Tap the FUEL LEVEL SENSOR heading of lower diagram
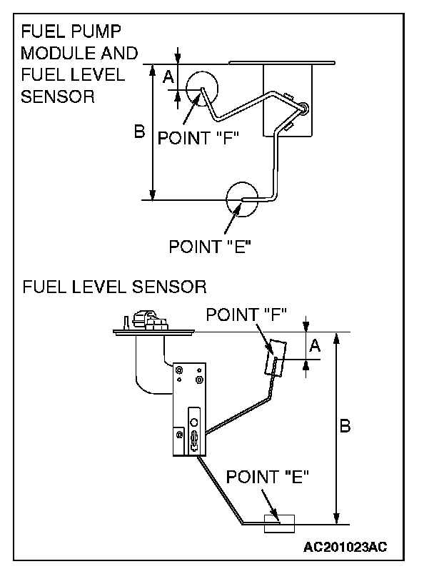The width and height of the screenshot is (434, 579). [x=114, y=287]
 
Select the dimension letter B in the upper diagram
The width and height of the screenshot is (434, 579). [x=140, y=132]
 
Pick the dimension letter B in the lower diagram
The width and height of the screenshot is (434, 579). [x=344, y=426]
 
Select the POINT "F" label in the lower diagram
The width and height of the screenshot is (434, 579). [x=246, y=314]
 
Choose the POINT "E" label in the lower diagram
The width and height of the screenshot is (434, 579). [x=267, y=477]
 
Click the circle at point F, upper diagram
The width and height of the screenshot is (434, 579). [x=203, y=89]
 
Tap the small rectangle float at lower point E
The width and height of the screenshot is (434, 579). [x=279, y=523]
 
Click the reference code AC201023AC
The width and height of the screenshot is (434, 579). [x=345, y=548]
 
